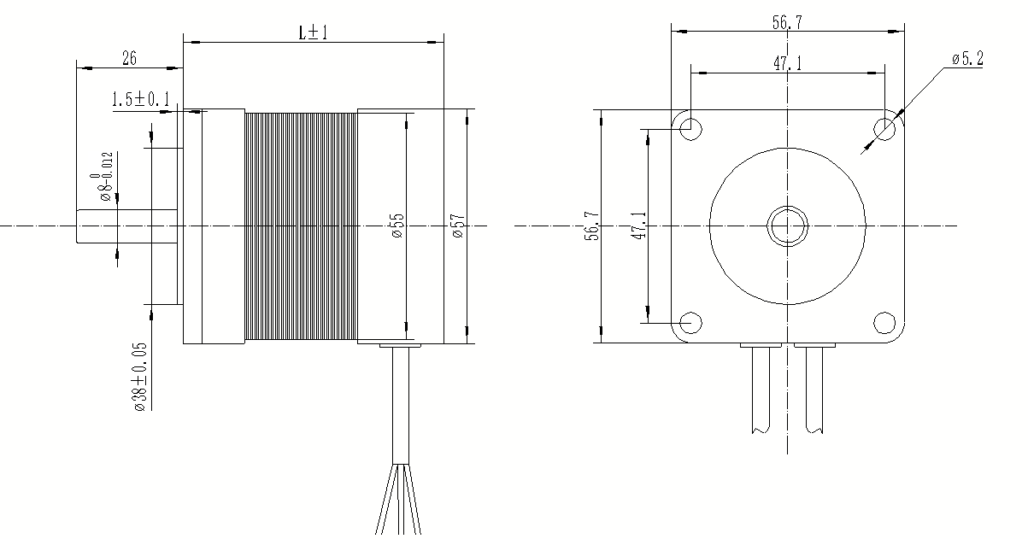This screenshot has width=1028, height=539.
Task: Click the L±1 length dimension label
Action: point(314,33)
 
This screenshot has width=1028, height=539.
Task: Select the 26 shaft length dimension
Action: point(129,59)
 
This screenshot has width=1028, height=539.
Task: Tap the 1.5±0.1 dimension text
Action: point(141,99)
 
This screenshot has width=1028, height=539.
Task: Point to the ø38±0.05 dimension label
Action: point(141,377)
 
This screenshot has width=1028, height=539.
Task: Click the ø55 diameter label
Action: point(397,226)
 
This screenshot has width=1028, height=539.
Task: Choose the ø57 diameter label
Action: point(459,226)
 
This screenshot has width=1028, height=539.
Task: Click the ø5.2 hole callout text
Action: point(967,59)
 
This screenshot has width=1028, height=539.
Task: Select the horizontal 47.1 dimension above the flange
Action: point(788,63)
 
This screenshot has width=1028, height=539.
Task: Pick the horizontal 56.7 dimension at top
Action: point(788,22)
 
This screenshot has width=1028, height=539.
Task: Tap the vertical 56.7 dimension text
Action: point(592,226)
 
